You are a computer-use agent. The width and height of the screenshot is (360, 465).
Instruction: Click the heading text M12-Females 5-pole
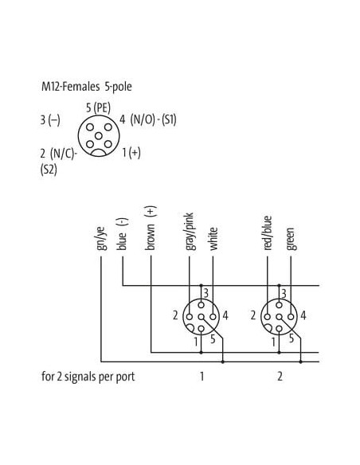87,87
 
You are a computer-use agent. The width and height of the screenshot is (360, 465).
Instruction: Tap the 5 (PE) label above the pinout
98,107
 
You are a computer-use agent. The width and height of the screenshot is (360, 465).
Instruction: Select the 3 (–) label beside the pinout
50,120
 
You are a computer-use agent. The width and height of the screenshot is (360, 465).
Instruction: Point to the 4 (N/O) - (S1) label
148,119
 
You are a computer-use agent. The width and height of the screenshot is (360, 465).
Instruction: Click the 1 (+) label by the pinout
131,152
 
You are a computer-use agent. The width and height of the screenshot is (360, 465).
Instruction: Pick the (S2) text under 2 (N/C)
49,170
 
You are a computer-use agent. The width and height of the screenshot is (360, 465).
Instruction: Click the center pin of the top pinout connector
99,136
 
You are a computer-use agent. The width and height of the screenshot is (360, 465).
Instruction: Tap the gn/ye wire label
100,238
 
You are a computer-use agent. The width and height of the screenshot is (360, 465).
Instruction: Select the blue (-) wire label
122,234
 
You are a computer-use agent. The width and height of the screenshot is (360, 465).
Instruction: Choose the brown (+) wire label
151,228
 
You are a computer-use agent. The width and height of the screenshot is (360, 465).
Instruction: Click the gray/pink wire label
190,232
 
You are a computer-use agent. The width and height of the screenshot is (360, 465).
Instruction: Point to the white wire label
213,239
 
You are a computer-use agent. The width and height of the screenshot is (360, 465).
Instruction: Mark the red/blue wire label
268,232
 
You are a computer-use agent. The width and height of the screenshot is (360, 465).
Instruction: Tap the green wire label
291,239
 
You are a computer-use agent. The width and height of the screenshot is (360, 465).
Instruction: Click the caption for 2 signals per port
88,377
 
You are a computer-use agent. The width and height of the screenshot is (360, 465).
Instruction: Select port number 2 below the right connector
280,377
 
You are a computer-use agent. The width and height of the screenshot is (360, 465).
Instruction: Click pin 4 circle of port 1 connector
213,317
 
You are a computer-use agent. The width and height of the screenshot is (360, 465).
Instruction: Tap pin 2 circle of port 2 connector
268,317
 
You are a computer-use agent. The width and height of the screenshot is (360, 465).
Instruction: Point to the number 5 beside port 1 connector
213,338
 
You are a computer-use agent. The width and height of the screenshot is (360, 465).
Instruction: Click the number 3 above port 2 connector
284,294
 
